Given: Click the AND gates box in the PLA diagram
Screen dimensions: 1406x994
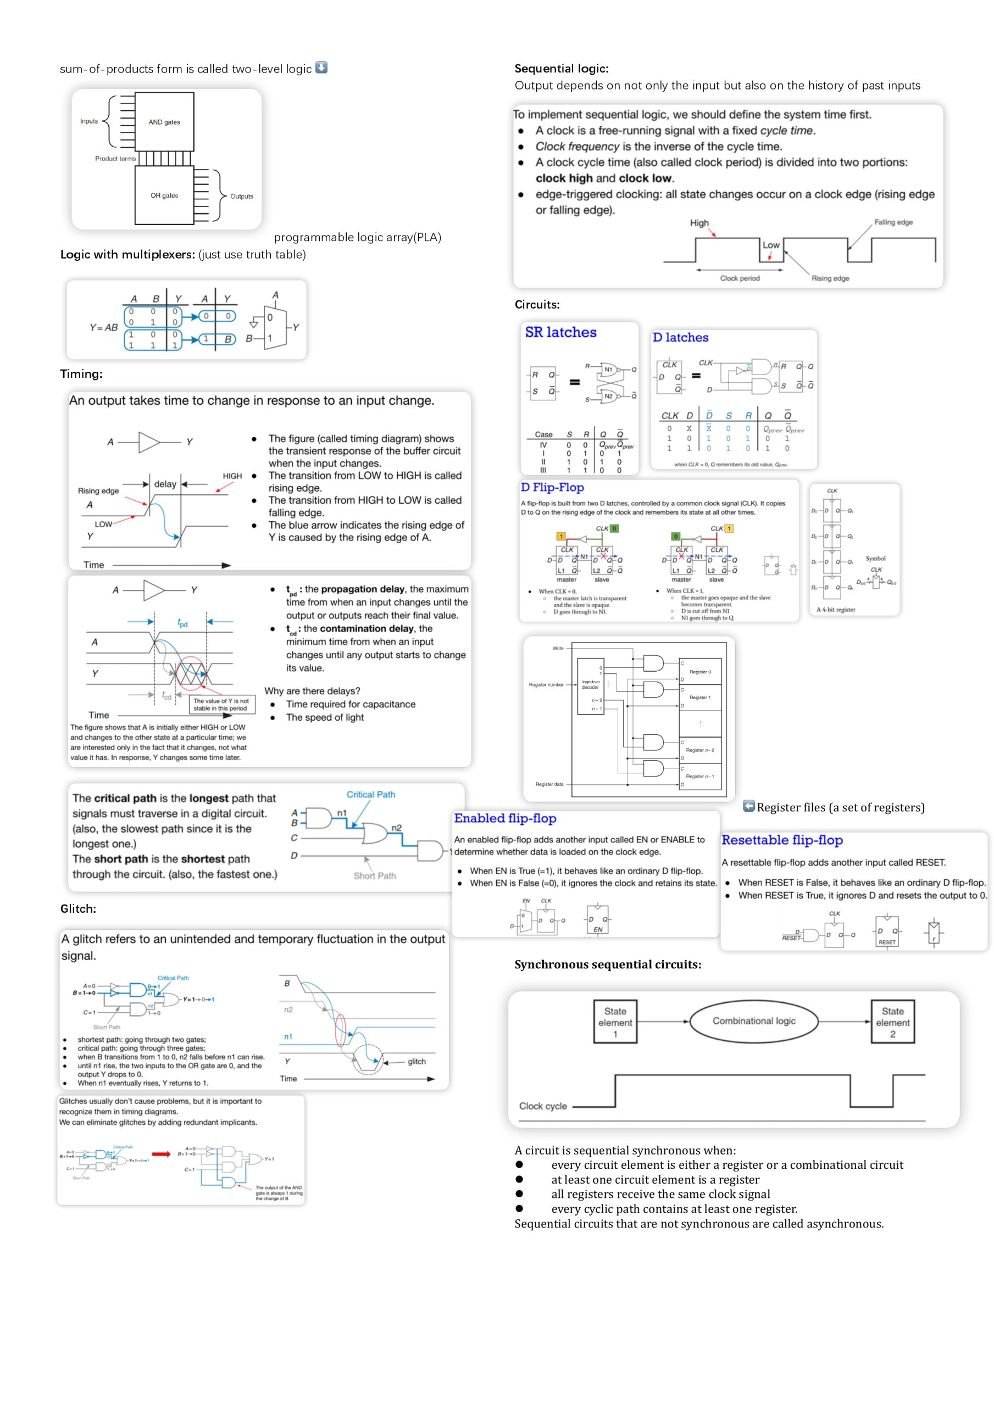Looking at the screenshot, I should [164, 122].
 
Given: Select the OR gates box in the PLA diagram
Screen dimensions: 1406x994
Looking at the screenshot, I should [164, 196].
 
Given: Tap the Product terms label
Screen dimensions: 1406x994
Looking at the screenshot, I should [115, 159].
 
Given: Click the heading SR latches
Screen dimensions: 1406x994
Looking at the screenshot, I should [560, 332].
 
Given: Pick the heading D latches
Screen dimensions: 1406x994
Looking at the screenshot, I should [680, 337].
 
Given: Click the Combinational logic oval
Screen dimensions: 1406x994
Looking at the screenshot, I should [754, 1021].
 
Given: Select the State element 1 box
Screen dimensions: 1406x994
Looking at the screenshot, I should [615, 1022].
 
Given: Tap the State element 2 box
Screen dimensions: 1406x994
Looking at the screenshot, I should [892, 1022].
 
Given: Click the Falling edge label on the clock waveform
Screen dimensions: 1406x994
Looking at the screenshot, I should [893, 222].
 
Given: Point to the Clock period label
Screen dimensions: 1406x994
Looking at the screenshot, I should [740, 278].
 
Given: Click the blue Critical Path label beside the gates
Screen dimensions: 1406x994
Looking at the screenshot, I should [371, 794].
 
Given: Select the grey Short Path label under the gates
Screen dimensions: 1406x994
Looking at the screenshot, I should [374, 875].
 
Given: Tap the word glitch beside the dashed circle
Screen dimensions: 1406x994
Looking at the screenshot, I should [416, 1061].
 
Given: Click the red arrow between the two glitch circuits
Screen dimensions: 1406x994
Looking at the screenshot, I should [160, 1154].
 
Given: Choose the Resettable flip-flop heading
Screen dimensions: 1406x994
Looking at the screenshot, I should [782, 840].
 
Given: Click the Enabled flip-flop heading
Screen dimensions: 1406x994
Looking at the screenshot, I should [505, 819].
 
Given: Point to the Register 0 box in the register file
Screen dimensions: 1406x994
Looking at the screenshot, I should [701, 672].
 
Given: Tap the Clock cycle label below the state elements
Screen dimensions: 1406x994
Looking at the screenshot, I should [543, 1106].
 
